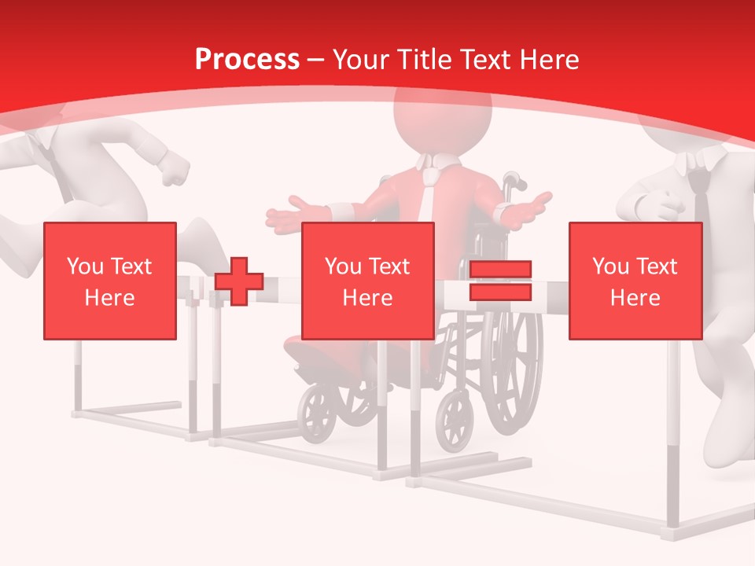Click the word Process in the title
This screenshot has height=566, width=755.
[x=247, y=60]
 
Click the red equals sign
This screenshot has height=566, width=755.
[x=500, y=281]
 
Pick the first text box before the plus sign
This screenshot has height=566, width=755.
[x=110, y=281]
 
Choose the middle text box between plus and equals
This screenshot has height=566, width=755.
[x=368, y=281]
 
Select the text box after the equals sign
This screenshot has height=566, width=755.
[x=635, y=281]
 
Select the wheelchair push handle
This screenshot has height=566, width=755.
[x=513, y=182]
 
